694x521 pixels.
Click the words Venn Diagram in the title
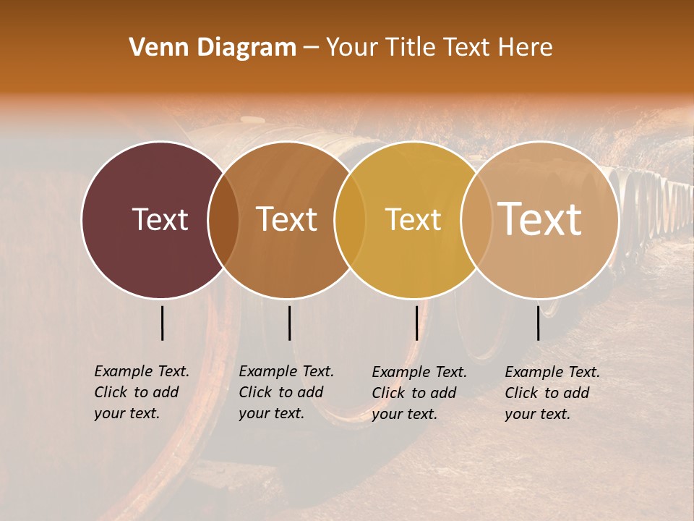213,48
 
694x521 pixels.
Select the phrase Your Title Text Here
440,48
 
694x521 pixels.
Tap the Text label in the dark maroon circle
160,219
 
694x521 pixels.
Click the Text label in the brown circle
286,219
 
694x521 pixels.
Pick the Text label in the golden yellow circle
413,219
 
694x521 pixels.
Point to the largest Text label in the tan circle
540,219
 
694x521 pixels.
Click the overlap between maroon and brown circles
223,220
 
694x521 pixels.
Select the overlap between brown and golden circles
350,220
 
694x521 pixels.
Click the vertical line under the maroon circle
163,323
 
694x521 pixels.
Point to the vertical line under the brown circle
289,323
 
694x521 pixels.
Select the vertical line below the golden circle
416,323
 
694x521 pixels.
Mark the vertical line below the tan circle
539,323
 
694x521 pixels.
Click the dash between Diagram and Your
311,48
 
